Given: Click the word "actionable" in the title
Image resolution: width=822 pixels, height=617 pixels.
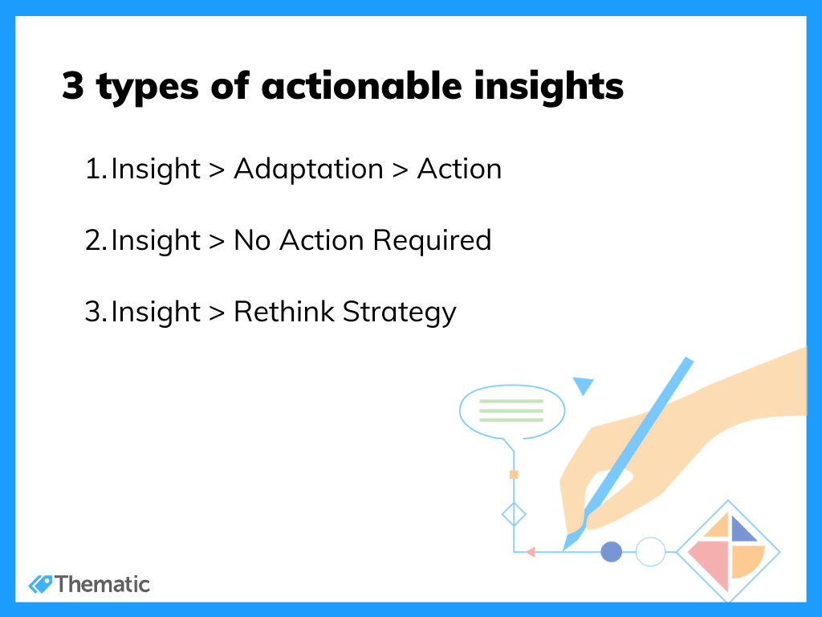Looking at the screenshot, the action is click(362, 85).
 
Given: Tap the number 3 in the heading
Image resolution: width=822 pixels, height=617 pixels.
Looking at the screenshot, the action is click(73, 85).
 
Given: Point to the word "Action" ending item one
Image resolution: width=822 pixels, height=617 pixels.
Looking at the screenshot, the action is click(460, 169).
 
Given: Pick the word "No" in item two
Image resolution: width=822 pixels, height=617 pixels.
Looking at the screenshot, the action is click(252, 241).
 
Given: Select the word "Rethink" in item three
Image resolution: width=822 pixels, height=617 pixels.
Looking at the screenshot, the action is click(283, 312).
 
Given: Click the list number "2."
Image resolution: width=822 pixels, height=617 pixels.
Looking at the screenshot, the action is click(96, 241).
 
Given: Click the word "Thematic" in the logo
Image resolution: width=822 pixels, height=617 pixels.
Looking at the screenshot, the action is click(102, 585).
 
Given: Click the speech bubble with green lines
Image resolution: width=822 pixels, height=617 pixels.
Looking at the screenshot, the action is click(512, 412).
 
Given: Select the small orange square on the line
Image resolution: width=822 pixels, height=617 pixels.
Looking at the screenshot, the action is click(514, 475).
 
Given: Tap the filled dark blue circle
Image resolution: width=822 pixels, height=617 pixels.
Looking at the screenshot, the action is click(611, 552).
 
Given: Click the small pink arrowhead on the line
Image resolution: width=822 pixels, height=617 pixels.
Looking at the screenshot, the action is click(531, 552).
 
